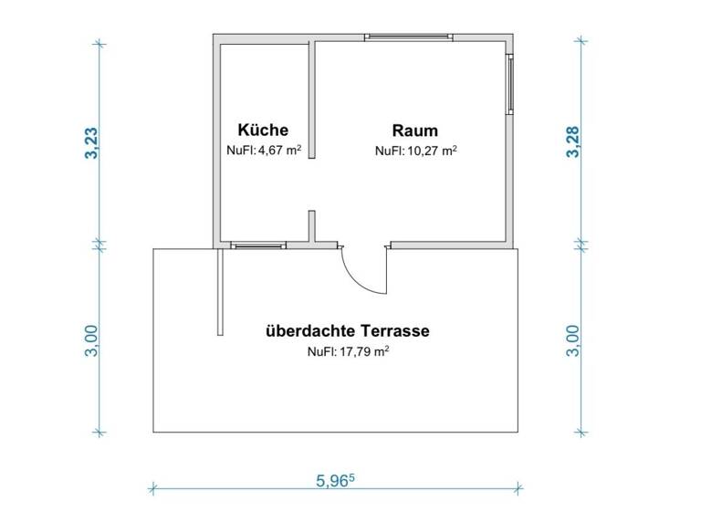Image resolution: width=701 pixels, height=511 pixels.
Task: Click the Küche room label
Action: pos(263,130)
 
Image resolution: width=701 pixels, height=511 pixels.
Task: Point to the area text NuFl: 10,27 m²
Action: pos(415,151)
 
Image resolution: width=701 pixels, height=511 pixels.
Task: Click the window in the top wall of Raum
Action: pos(408,37)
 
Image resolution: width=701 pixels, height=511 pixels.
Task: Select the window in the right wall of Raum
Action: pos(510,84)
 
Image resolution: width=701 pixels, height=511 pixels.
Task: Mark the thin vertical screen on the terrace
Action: pos(220,292)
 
